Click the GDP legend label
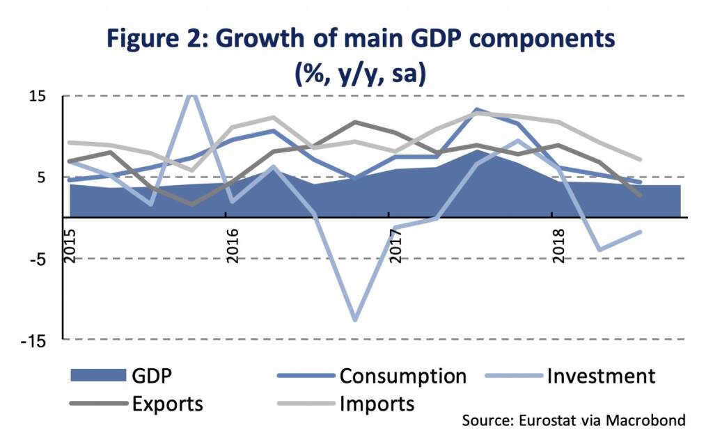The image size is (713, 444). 152,376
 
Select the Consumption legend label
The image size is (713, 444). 403,376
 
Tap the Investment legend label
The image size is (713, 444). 601,376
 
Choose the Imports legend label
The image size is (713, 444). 377,404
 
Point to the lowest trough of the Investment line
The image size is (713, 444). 355,320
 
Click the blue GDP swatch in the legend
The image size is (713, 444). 95,376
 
